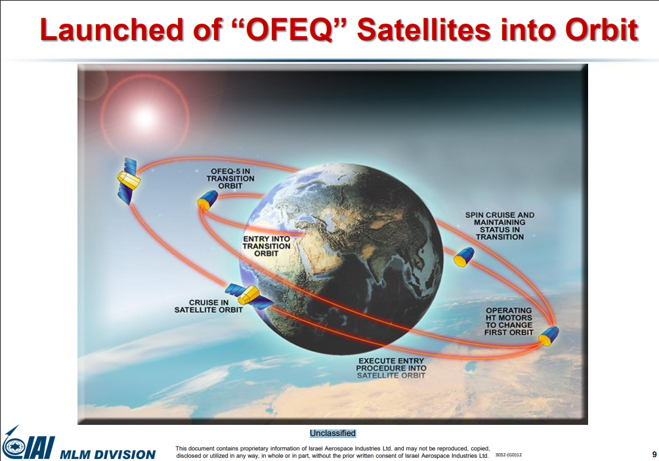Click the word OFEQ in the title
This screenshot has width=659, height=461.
pyautogui.click(x=289, y=30)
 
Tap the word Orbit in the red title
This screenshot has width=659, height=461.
pyautogui.click(x=601, y=30)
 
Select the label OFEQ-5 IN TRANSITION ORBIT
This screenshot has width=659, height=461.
pyautogui.click(x=230, y=179)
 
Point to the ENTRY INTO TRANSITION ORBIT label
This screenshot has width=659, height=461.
pyautogui.click(x=266, y=246)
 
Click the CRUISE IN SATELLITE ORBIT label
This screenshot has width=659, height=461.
pyautogui.click(x=209, y=306)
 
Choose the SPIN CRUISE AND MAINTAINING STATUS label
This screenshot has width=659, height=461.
pyautogui.click(x=500, y=226)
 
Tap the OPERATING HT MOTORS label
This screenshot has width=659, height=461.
pyautogui.click(x=509, y=321)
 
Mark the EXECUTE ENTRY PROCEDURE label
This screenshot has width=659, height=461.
pyautogui.click(x=391, y=368)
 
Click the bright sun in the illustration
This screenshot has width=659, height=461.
pyautogui.click(x=144, y=118)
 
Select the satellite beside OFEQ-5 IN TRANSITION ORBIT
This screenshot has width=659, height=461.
pyautogui.click(x=207, y=200)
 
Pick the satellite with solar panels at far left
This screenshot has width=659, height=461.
pyautogui.click(x=128, y=181)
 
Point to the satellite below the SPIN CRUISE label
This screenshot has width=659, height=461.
pyautogui.click(x=463, y=257)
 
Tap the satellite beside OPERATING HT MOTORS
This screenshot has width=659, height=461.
pyautogui.click(x=549, y=336)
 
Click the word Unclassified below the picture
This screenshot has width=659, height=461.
pyautogui.click(x=333, y=433)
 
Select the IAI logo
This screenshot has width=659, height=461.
pyautogui.click(x=28, y=443)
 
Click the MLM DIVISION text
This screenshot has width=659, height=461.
pyautogui.click(x=108, y=454)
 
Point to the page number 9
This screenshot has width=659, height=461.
pyautogui.click(x=654, y=454)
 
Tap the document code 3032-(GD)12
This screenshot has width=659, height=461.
pyautogui.click(x=509, y=454)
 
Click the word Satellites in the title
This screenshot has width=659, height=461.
pyautogui.click(x=424, y=30)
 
